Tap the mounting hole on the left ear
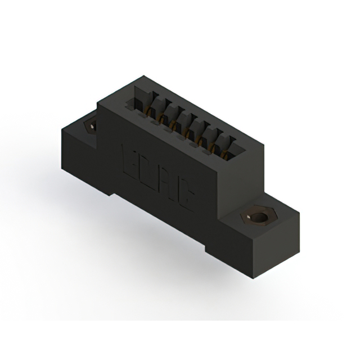click(89, 126)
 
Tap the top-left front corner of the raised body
click(98, 103)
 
